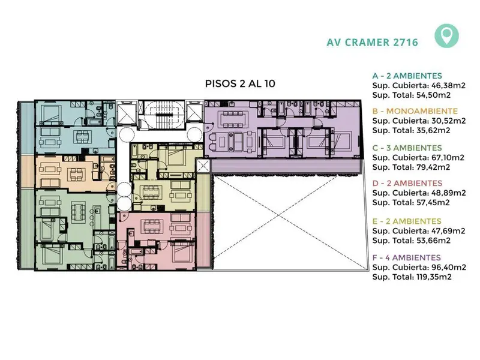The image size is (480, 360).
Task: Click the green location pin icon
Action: tap(446, 36)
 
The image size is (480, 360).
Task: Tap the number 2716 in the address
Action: tap(406, 42)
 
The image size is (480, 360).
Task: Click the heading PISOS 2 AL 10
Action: tap(240, 83)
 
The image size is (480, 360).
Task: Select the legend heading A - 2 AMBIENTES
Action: tap(407, 76)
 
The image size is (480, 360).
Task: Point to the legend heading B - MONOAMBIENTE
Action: tap(415, 111)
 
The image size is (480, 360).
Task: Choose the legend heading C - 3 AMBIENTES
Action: tap(407, 148)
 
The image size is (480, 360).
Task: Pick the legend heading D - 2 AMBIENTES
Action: tap(407, 183)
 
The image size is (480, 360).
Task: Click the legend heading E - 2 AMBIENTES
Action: tap(407, 221)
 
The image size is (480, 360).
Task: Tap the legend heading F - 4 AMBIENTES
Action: tap(407, 257)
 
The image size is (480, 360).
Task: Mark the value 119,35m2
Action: tap(434, 277)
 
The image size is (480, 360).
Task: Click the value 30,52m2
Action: tap(448, 121)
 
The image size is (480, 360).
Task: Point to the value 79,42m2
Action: tap(433, 167)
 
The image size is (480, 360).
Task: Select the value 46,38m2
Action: tap(448, 85)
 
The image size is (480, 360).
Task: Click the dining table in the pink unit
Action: tap(151, 226)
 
